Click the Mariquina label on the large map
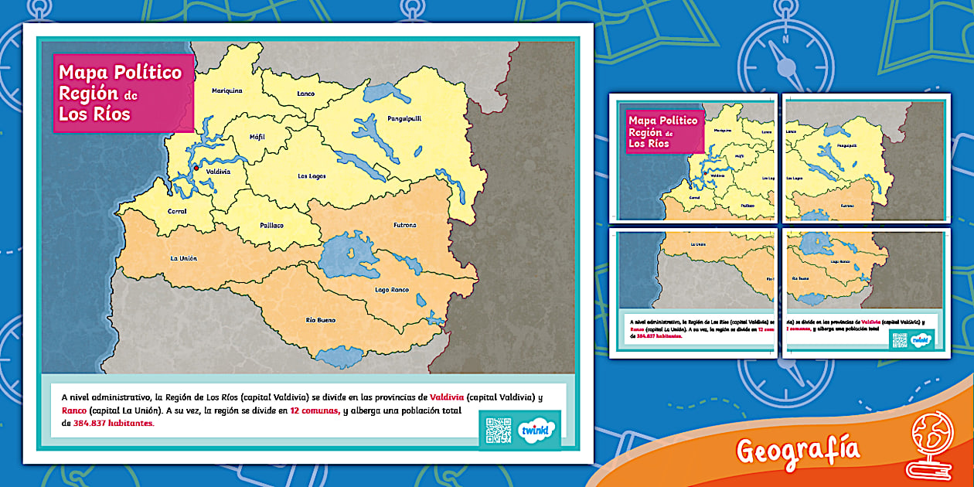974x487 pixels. click(x=227, y=90)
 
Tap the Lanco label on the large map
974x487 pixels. click(x=306, y=94)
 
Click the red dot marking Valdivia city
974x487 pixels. click(x=196, y=167)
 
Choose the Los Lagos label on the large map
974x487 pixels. click(x=312, y=176)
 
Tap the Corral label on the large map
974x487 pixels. click(x=177, y=211)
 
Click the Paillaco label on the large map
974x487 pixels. click(x=271, y=226)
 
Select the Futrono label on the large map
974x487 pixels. click(x=404, y=225)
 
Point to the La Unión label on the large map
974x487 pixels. click(x=184, y=258)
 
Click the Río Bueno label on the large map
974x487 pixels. click(x=321, y=319)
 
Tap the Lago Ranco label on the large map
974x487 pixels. click(x=393, y=290)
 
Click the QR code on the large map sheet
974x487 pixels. click(x=498, y=431)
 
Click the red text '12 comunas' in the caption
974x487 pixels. click(x=315, y=410)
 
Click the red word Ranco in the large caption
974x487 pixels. click(x=74, y=410)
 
